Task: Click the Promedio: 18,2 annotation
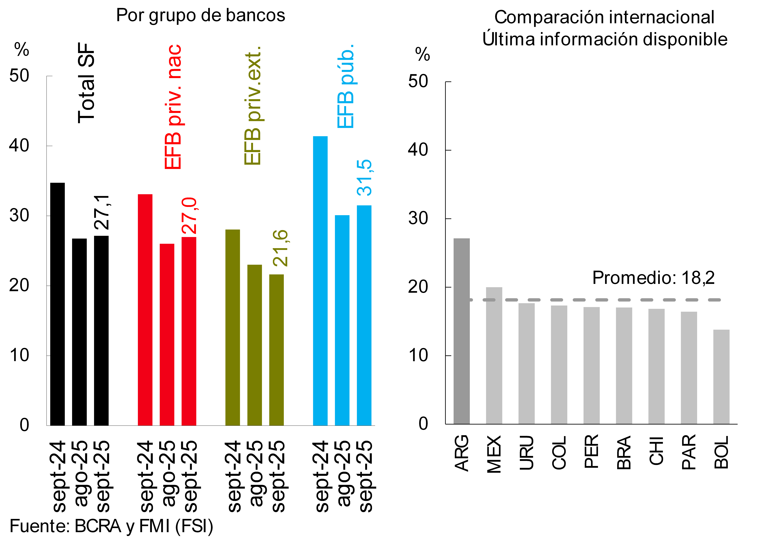coord(653,278)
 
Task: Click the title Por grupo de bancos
coord(200,15)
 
